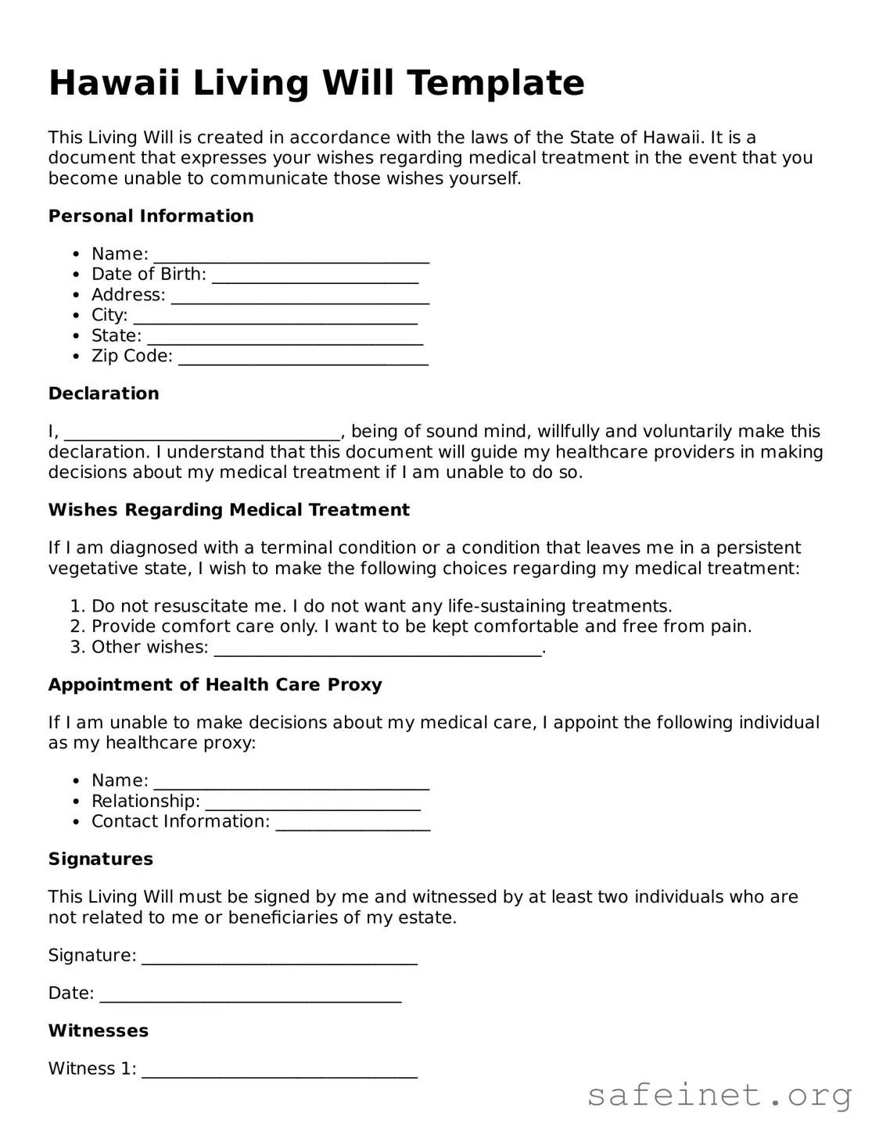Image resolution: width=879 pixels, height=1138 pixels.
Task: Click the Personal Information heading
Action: tap(151, 216)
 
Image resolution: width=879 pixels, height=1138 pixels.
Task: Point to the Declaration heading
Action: tap(104, 393)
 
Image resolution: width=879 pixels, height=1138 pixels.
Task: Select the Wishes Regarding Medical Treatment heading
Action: tap(229, 510)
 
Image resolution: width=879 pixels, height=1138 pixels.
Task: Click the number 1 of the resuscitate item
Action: tap(76, 606)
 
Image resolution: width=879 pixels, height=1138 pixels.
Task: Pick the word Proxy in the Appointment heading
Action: tap(355, 685)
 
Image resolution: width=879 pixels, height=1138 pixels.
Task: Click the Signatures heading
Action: tap(101, 859)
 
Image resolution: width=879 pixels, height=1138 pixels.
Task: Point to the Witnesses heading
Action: tap(99, 1031)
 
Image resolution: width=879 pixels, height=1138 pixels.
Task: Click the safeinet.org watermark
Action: tap(719, 1095)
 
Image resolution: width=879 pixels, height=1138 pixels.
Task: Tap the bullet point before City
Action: tap(76, 316)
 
